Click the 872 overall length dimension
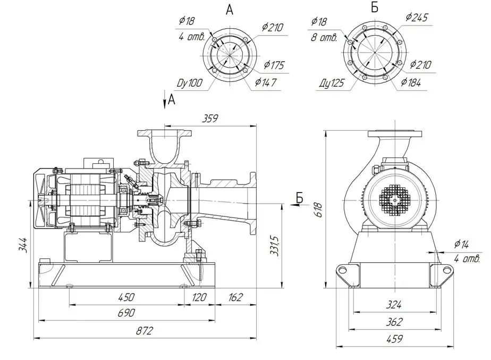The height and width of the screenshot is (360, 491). tap(145, 331)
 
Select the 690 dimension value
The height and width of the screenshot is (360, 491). tap(126, 313)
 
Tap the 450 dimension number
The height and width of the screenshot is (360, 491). tap(126, 297)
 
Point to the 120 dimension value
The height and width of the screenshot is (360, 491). tap(199, 297)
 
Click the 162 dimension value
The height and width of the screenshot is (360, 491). tap(235, 297)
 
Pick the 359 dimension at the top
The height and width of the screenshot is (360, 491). tap(209, 119)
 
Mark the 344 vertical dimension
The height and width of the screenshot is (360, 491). tap(22, 245)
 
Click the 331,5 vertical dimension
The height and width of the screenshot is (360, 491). tap(274, 246)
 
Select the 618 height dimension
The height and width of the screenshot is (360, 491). tap(318, 210)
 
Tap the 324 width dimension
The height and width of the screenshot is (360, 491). tap(394, 305)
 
